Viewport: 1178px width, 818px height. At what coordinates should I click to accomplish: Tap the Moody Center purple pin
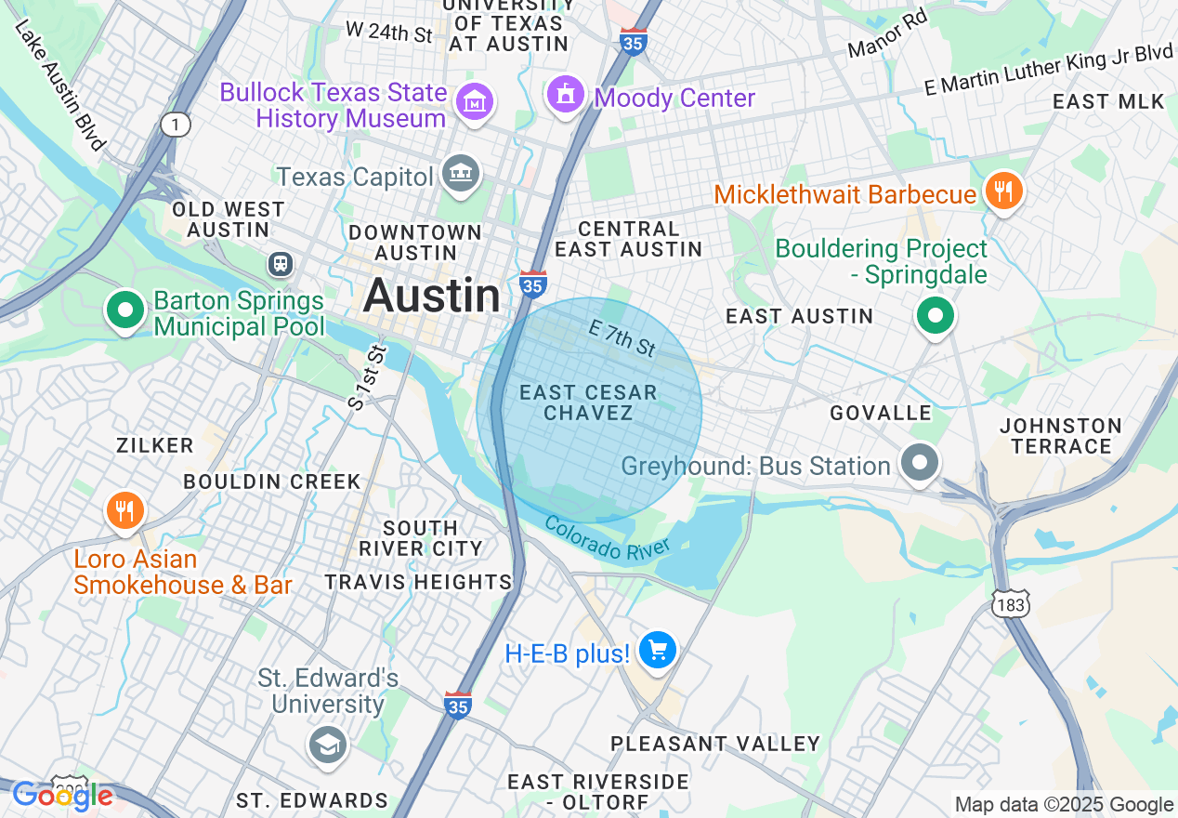(565, 95)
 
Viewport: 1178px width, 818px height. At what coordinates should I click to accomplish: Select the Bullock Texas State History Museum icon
(477, 101)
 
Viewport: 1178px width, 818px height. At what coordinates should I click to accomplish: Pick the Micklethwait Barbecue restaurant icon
(1002, 191)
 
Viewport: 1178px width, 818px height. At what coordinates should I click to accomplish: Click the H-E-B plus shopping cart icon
(658, 651)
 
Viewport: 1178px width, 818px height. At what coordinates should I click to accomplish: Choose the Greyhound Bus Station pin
(921, 462)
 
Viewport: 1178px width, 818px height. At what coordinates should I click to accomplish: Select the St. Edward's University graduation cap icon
(327, 744)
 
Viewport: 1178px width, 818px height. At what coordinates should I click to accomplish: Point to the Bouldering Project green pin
(936, 316)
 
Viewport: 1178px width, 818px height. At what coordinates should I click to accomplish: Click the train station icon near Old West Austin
(280, 264)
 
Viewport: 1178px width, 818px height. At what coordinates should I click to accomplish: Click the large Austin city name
(432, 296)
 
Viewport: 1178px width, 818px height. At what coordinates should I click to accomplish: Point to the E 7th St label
(622, 337)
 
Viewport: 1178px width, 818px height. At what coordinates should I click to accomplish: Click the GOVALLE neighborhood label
(881, 413)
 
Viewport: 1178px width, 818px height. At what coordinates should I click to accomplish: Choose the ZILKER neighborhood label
(155, 446)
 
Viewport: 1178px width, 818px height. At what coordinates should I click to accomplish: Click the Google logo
(63, 796)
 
